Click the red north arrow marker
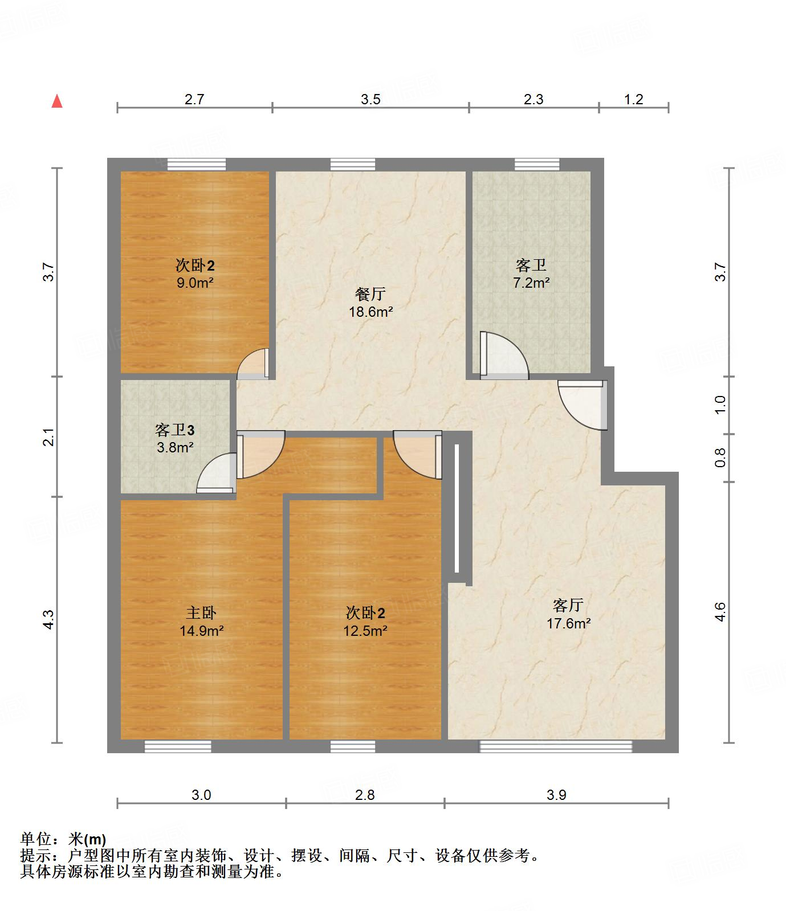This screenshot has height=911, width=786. (x=57, y=101)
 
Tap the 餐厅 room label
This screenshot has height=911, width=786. (x=370, y=295)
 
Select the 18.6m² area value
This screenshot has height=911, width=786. (x=370, y=312)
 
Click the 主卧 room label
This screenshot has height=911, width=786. (x=201, y=613)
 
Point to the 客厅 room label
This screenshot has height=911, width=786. (x=568, y=605)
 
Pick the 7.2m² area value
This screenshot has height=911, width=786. (x=531, y=282)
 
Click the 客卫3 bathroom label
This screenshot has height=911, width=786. (x=175, y=430)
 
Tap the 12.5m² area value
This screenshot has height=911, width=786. (x=365, y=631)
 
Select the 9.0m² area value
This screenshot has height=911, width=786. (x=195, y=283)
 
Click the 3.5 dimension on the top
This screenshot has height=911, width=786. (x=370, y=100)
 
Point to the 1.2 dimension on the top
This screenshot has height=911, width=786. (x=633, y=100)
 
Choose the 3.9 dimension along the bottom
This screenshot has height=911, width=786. (x=556, y=795)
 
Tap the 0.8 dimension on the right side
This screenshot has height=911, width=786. (x=721, y=457)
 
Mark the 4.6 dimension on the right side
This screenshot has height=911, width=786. (x=720, y=612)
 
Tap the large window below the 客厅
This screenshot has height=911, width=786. (x=556, y=746)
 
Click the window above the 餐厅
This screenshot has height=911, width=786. (x=353, y=165)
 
